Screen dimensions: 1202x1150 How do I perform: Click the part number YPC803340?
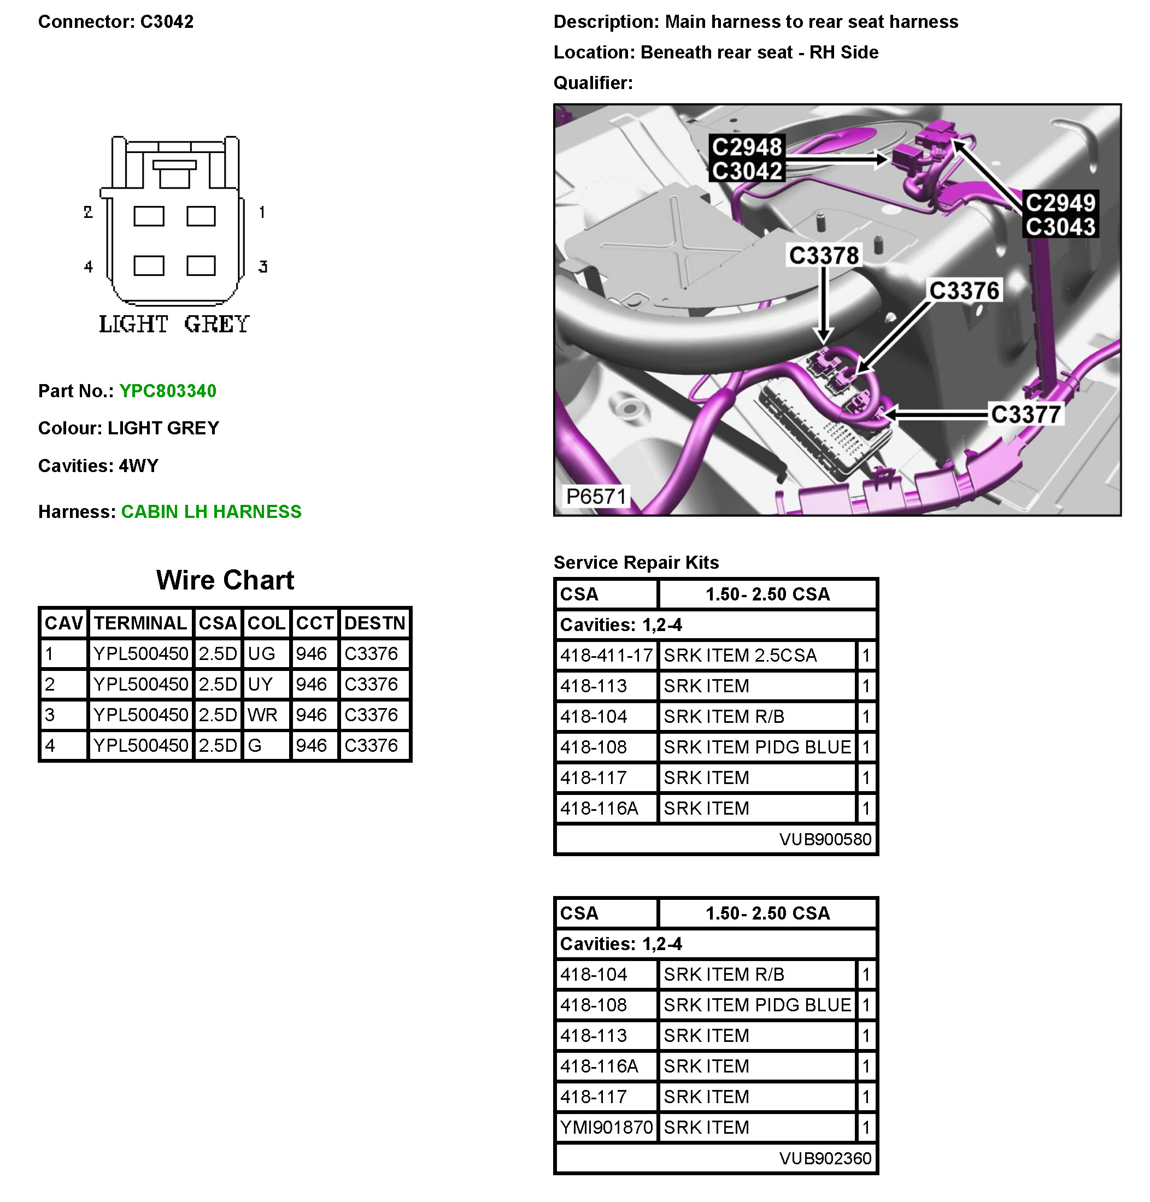pyautogui.click(x=167, y=391)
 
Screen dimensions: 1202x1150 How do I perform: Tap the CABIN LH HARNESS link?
pyautogui.click(x=211, y=511)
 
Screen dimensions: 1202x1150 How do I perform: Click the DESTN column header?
pyautogui.click(x=374, y=623)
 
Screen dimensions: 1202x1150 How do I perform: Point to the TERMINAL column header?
pyautogui.click(x=140, y=623)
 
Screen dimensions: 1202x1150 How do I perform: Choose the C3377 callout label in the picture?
pyautogui.click(x=1025, y=415)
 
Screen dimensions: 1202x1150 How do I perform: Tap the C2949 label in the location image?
pyautogui.click(x=1060, y=203)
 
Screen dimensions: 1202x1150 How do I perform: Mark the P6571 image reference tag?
pyautogui.click(x=595, y=496)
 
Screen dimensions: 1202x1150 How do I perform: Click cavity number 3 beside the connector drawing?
pyautogui.click(x=263, y=267)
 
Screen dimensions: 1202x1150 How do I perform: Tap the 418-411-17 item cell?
pyautogui.click(x=606, y=656)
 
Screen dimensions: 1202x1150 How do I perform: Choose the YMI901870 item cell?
pyautogui.click(x=606, y=1127)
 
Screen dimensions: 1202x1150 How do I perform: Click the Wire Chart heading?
pyautogui.click(x=225, y=580)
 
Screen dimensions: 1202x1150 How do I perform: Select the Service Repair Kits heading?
pyautogui.click(x=636, y=562)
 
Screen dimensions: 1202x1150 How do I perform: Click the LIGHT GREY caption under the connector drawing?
pyautogui.click(x=174, y=324)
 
